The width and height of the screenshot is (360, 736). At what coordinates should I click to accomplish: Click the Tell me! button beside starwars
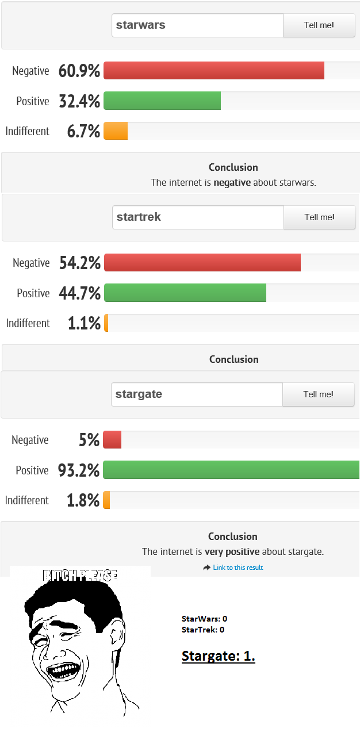pyautogui.click(x=319, y=25)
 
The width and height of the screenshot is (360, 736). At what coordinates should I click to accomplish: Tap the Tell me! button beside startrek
pyautogui.click(x=320, y=217)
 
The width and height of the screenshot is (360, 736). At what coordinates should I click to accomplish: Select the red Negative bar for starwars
pyautogui.click(x=214, y=71)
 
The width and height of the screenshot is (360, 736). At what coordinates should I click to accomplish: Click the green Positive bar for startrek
pyautogui.click(x=185, y=293)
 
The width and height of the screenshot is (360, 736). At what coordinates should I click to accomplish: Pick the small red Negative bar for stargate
pyautogui.click(x=112, y=440)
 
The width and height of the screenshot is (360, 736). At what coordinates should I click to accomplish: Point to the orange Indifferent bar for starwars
pyautogui.click(x=116, y=131)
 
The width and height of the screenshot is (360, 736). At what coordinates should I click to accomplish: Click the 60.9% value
pyautogui.click(x=79, y=71)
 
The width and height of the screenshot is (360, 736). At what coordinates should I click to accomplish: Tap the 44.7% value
pyautogui.click(x=79, y=293)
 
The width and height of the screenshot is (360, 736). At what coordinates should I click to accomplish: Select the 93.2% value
pyautogui.click(x=79, y=470)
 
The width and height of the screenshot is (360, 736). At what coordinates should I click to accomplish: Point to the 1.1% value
pyautogui.click(x=84, y=323)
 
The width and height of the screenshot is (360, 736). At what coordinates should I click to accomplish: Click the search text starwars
pyautogui.click(x=141, y=25)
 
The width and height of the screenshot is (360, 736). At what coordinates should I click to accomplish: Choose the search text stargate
pyautogui.click(x=139, y=394)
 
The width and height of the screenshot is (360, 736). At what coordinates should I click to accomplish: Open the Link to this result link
pyautogui.click(x=238, y=568)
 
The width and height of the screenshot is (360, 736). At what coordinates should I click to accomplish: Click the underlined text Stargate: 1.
pyautogui.click(x=219, y=656)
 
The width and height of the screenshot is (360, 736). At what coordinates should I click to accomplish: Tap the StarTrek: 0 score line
pyautogui.click(x=202, y=630)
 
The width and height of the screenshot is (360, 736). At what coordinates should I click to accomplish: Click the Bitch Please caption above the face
pyautogui.click(x=81, y=574)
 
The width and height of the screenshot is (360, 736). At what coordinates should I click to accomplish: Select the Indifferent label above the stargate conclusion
pyautogui.click(x=27, y=500)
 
